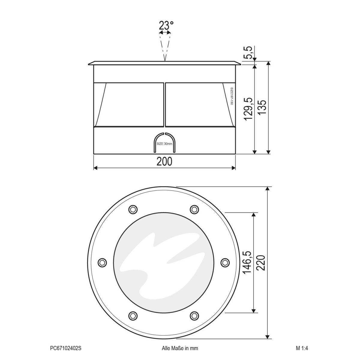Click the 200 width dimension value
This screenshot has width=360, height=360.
click(x=164, y=161)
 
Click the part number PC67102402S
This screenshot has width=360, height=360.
click(x=66, y=348)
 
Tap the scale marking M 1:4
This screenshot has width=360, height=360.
click(x=302, y=348)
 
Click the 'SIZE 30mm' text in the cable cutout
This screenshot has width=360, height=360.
click(x=164, y=144)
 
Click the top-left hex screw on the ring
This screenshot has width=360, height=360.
click(x=133, y=209)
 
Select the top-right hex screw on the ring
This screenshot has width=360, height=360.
click(x=194, y=209)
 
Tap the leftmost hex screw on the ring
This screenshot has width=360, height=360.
click(x=103, y=262)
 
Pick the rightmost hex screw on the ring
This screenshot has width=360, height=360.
click(x=225, y=262)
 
